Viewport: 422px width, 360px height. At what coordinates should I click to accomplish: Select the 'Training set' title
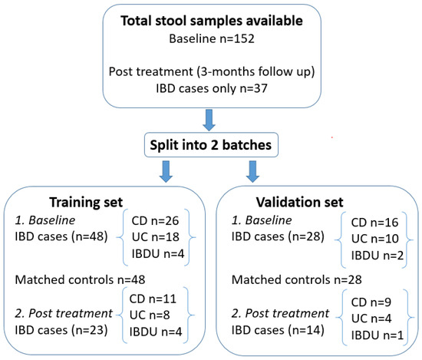pyautogui.click(x=97, y=205)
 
